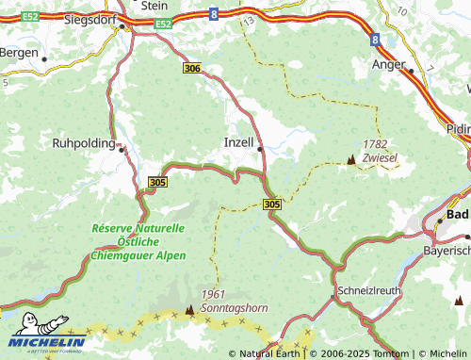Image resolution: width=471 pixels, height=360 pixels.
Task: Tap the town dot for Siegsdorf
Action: [122, 27]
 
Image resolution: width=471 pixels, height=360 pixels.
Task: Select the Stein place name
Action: [154, 5]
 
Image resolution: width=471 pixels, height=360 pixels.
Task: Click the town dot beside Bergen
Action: [44, 57]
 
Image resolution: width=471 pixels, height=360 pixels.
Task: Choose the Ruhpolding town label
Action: [82, 144]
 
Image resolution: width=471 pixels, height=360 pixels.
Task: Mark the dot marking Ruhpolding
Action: [121, 147]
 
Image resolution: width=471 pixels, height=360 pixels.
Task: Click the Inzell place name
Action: [239, 142]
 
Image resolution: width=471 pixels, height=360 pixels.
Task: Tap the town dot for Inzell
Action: [259, 147]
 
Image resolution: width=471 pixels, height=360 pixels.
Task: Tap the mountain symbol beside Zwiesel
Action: [351, 160]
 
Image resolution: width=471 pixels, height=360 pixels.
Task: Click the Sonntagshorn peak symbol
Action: [190, 308]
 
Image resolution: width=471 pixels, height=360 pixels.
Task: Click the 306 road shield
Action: [193, 68]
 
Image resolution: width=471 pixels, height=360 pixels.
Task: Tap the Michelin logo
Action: [44, 341]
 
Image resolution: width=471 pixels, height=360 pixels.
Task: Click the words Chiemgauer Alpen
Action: [138, 255]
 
